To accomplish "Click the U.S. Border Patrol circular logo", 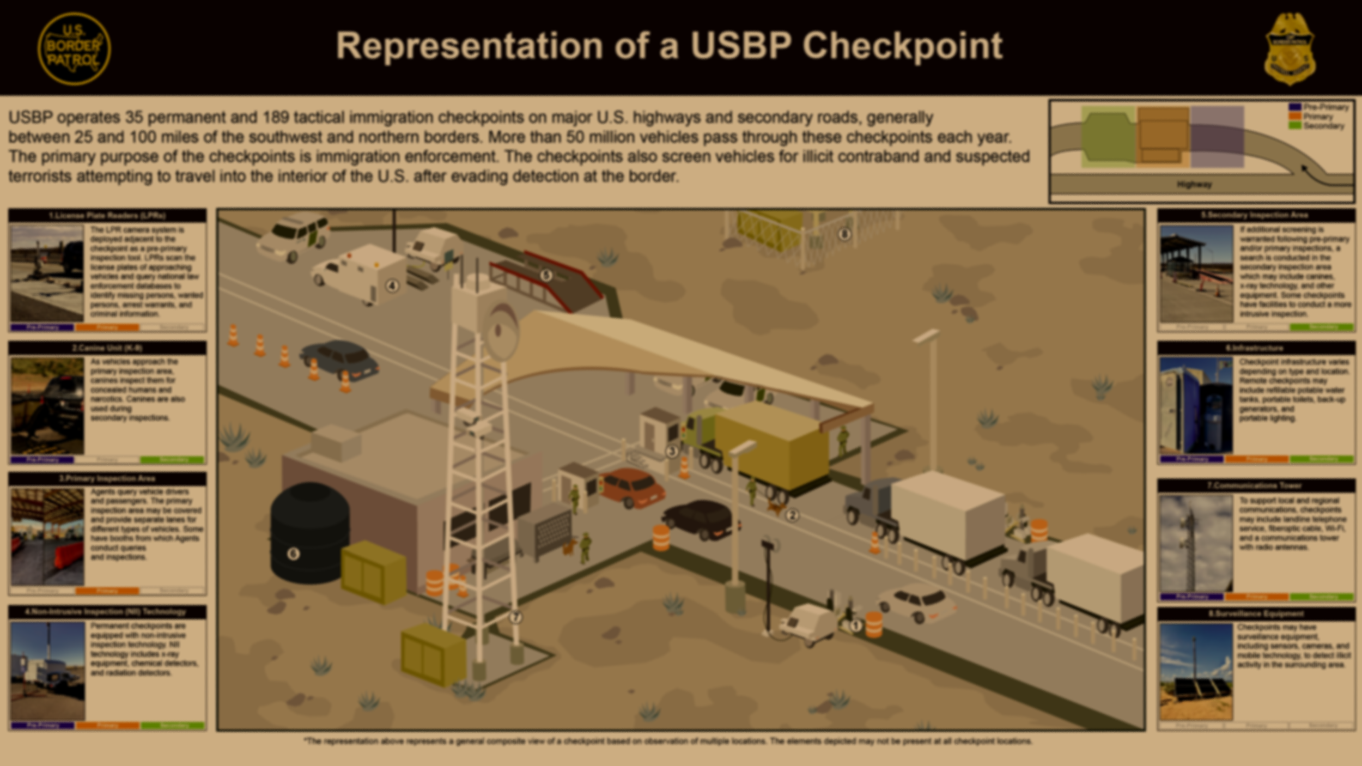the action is [x=74, y=49].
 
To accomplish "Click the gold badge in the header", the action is [x=1290, y=49].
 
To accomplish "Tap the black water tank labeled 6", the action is [x=309, y=534].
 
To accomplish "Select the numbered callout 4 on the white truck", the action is [x=392, y=285].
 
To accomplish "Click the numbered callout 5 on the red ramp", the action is [x=546, y=275].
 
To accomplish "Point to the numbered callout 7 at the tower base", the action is [x=515, y=617].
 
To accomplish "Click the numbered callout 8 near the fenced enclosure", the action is [x=844, y=234].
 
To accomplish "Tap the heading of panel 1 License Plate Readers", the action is [x=107, y=216].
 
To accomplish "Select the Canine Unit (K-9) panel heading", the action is [x=107, y=348].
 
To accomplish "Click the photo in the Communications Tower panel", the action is [x=1196, y=543].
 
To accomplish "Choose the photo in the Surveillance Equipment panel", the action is [x=1196, y=671].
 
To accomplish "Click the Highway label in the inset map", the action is [x=1194, y=185].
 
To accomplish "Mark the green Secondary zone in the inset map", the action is [x=1108, y=137].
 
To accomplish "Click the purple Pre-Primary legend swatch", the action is [x=1294, y=107].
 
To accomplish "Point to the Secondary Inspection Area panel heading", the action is [x=1256, y=215].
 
